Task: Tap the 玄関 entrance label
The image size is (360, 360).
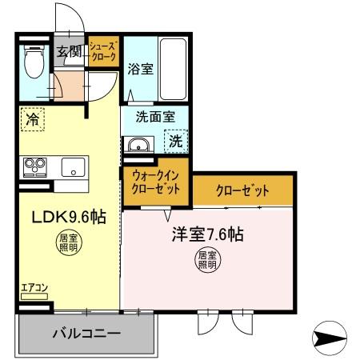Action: (x=70, y=53)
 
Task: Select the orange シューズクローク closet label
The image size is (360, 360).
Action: (x=103, y=53)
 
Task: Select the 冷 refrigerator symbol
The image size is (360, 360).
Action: (x=32, y=118)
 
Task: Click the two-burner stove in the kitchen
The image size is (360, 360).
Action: (x=34, y=166)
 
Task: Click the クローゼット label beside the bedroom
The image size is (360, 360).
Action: (x=242, y=190)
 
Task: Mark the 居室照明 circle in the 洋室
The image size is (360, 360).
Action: (x=207, y=260)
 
